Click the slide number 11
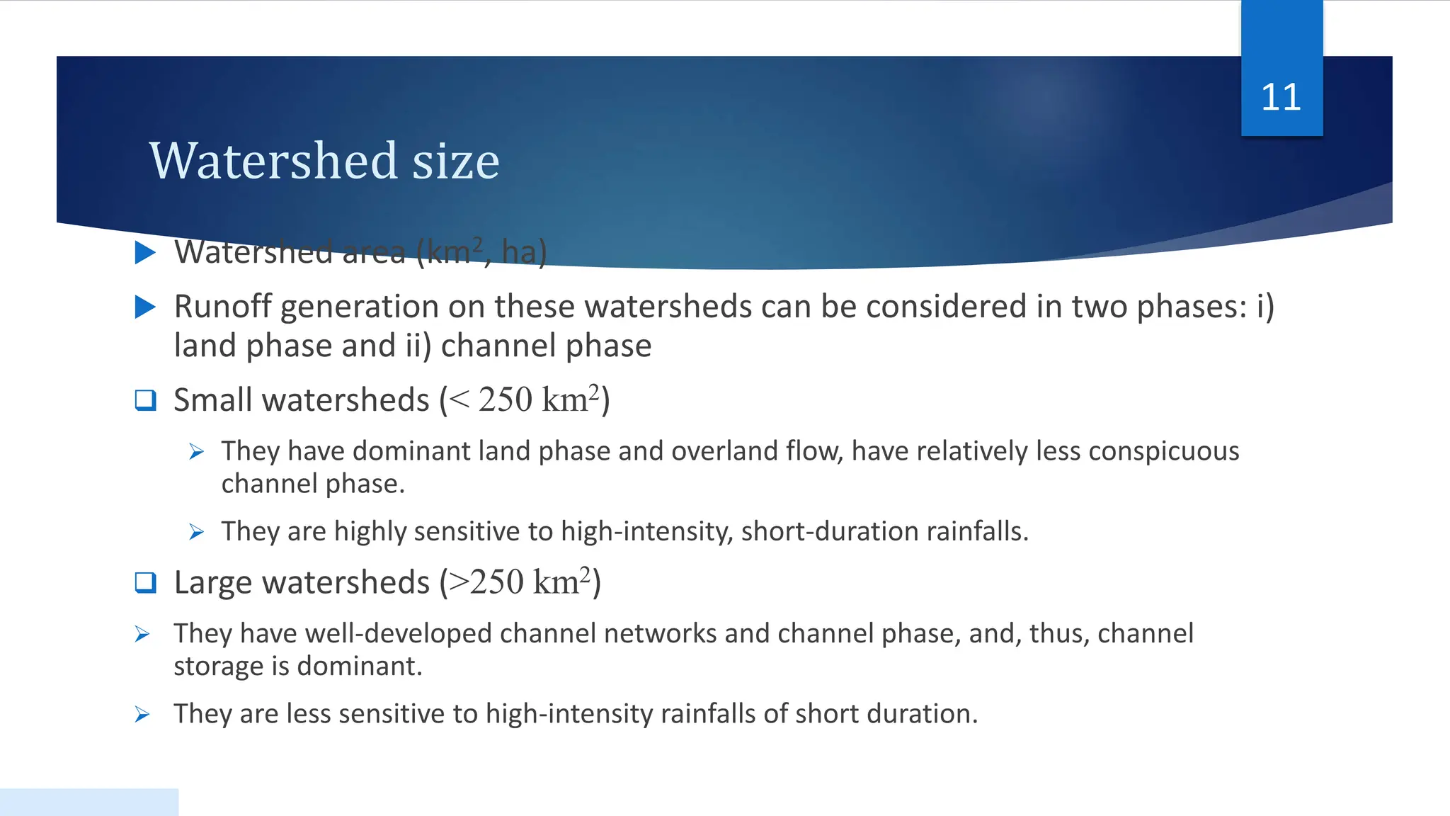pos(1281,97)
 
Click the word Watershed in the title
pos(274,161)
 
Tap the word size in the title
pos(456,161)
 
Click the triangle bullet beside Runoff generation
pos(145,307)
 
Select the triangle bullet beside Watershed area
pos(145,252)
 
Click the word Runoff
pos(222,307)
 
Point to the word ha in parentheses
pos(518,252)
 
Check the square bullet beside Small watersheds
pos(145,400)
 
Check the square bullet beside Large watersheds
pos(145,582)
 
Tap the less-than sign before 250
pos(459,400)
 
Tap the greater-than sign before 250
pos(459,582)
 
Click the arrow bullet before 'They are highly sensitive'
pos(197,532)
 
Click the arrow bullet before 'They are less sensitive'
pos(142,714)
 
